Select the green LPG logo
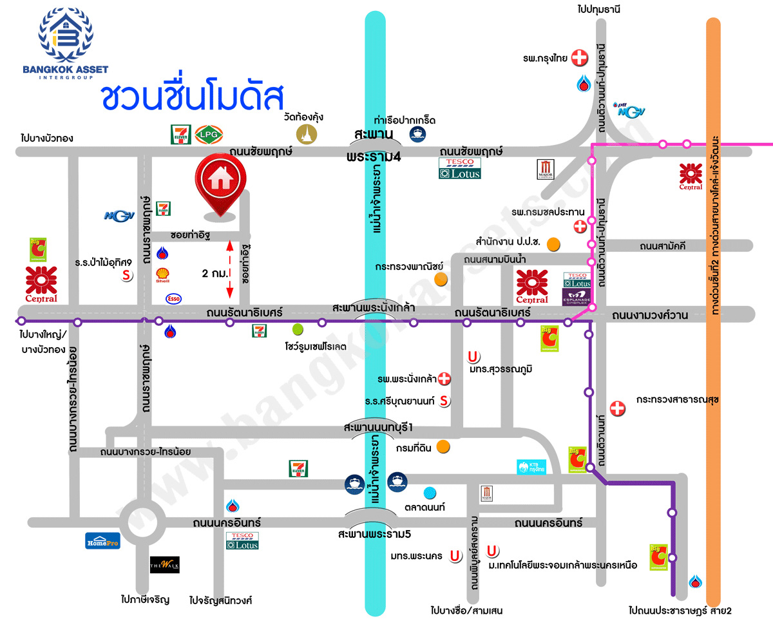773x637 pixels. click(208, 134)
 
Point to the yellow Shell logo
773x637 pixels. click(162, 276)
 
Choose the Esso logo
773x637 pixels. click(173, 298)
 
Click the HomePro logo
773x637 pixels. click(102, 540)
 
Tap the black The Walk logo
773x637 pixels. click(164, 565)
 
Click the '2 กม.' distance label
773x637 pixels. click(214, 273)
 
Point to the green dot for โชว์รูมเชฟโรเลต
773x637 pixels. click(297, 330)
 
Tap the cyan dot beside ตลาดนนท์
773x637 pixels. click(429, 493)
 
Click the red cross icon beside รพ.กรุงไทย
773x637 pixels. click(580, 58)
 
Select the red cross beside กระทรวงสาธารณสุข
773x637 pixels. click(618, 408)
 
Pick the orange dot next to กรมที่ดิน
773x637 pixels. click(443, 446)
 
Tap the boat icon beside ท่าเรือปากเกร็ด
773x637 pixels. click(417, 134)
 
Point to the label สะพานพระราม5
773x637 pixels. click(374, 534)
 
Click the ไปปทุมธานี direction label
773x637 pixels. click(598, 9)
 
